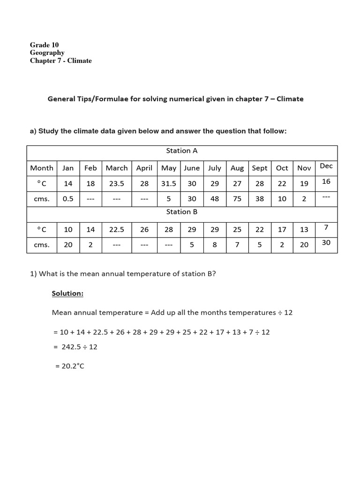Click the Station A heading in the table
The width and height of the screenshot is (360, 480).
click(181, 150)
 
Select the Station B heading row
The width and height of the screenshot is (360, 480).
click(181, 212)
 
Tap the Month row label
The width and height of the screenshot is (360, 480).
click(42, 168)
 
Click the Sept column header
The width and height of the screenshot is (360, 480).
click(259, 168)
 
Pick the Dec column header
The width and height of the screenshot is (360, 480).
click(326, 166)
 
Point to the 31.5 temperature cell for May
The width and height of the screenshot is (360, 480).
click(169, 184)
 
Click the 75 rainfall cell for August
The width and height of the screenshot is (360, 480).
click(237, 199)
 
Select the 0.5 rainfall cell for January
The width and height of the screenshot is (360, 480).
click(68, 199)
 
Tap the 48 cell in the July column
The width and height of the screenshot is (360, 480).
click(215, 199)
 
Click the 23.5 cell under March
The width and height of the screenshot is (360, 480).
click(117, 184)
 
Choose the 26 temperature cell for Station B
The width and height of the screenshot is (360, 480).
click(144, 229)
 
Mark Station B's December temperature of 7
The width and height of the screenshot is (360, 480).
click(326, 227)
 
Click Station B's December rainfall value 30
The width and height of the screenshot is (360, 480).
click(326, 242)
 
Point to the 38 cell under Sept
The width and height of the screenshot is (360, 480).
click(259, 199)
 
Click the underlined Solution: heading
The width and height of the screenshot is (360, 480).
click(67, 293)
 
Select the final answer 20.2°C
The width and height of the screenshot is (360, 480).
click(70, 366)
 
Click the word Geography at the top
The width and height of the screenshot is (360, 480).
click(47, 53)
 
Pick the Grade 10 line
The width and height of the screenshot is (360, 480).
click(45, 45)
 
